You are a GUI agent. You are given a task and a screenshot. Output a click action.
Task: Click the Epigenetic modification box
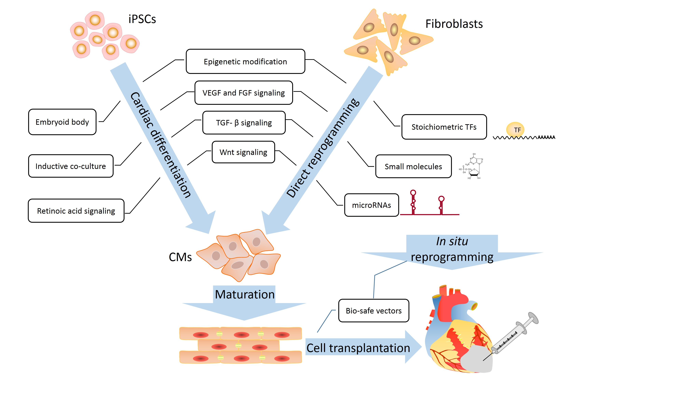click(245, 62)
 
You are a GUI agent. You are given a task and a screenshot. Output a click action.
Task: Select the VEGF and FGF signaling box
click(243, 93)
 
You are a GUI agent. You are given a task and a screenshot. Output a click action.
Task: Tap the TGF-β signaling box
click(244, 123)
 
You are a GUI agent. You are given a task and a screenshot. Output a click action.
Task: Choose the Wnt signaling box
click(243, 152)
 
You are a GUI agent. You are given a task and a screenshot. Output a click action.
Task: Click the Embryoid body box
click(62, 122)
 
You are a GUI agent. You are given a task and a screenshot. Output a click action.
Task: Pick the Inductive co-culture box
click(71, 166)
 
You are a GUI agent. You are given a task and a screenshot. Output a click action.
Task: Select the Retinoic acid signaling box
click(76, 211)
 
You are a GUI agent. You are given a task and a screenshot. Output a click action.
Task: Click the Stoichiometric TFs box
click(444, 127)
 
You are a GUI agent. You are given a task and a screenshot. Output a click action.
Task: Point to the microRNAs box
click(371, 205)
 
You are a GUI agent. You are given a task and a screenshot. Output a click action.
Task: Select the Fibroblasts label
click(454, 24)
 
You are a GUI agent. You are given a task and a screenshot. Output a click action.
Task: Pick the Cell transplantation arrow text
click(358, 348)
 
